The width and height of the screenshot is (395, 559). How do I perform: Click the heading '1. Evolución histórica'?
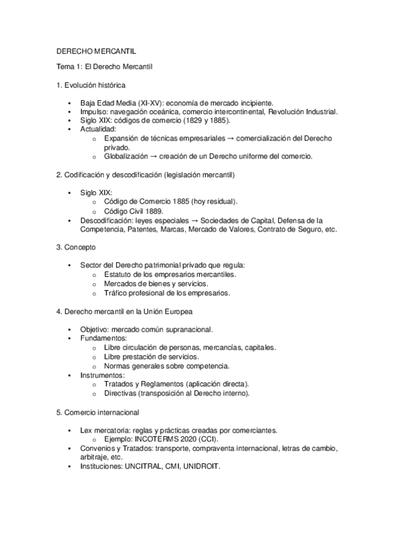[x=90, y=86]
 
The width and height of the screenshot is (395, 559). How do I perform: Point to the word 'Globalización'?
[x=126, y=156]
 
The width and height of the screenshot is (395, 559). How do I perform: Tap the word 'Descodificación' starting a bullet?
[x=106, y=220]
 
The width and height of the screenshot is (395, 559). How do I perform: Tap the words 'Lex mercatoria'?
[x=104, y=429]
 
